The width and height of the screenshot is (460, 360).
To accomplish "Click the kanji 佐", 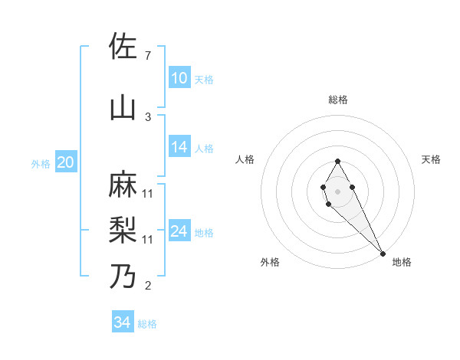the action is point(123,47).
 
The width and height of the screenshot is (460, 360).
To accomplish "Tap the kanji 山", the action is point(123,106).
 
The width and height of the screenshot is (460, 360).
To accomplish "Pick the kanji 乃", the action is point(123,275).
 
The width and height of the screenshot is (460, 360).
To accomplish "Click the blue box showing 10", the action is point(179,78).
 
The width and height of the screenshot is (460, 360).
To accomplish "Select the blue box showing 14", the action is point(179,148).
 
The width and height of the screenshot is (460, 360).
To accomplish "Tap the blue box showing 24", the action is point(179,232).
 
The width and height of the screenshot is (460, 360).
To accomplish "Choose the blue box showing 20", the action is point(65,162).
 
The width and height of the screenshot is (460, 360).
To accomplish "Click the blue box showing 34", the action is point(122,322).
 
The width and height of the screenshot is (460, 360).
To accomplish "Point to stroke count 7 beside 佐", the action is point(148,56).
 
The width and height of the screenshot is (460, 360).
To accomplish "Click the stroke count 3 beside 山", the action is point(148,116).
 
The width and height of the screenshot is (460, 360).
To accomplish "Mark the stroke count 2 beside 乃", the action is point(148,286).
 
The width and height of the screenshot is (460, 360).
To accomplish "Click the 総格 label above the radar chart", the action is point(338,100).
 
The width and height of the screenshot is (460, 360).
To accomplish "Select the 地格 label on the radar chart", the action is point(402,262).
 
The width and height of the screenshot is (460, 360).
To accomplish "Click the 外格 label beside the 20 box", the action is point(40,163).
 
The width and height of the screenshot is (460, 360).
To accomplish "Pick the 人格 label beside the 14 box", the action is point(204,149).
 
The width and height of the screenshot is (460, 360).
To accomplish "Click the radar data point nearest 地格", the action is point(383,254).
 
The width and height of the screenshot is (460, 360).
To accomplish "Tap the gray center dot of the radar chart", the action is point(337,191).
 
